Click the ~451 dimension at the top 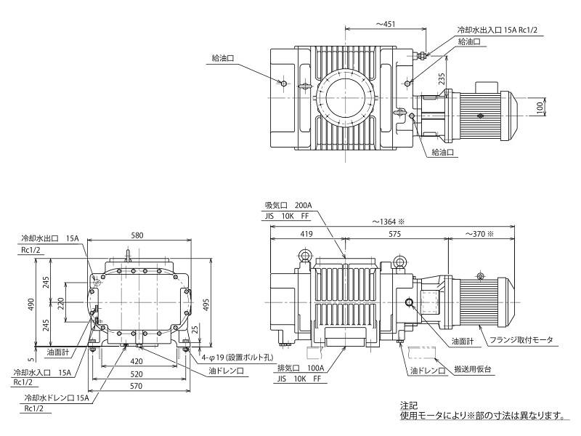[386, 24]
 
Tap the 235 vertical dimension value [442, 79]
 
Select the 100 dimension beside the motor [540, 107]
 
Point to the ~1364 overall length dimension [389, 222]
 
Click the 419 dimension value [306, 234]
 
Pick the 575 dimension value [395, 234]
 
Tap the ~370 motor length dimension [480, 234]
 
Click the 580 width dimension [137, 235]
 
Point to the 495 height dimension [206, 304]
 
